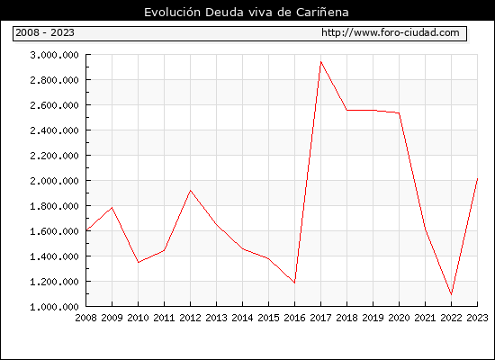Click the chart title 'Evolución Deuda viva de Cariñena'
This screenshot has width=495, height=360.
click(x=247, y=12)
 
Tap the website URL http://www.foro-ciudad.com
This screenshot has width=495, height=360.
click(x=391, y=32)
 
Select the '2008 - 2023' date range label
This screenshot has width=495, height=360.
click(x=45, y=32)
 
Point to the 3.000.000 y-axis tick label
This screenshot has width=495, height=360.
click(x=54, y=55)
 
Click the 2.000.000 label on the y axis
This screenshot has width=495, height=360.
click(x=54, y=181)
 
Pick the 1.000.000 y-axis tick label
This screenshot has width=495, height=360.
click(x=54, y=307)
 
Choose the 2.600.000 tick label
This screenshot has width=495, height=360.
click(x=54, y=105)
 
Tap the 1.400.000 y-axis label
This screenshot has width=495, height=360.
click(x=54, y=256)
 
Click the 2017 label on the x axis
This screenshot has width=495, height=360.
click(x=320, y=318)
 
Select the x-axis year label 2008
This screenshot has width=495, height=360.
click(x=85, y=318)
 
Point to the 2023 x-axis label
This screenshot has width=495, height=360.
click(x=477, y=318)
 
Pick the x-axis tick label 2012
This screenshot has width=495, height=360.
click(x=191, y=318)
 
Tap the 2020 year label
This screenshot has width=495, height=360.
click(x=399, y=318)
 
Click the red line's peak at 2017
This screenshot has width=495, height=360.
click(x=320, y=62)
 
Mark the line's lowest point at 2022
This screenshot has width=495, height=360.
click(x=452, y=294)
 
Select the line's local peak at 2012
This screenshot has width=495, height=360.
click(x=191, y=191)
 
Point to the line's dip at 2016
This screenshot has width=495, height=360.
click(x=294, y=283)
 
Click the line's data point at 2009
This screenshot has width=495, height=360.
click(x=112, y=208)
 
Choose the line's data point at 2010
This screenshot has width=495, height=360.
click(x=139, y=262)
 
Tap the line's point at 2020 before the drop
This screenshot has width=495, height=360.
click(x=399, y=112)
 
